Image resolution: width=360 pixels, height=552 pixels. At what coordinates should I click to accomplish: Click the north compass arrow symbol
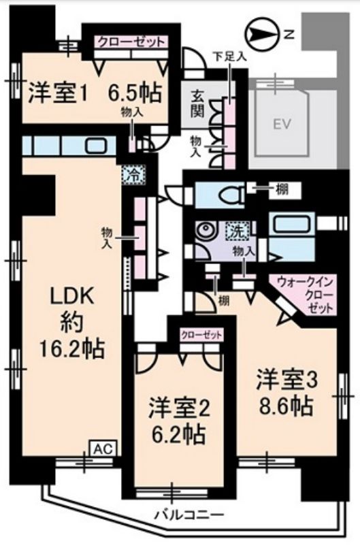pyautogui.click(x=262, y=34)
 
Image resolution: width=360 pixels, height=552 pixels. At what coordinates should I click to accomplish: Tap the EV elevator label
pyautogui.click(x=282, y=124)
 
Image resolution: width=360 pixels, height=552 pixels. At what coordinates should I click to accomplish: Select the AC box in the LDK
pyautogui.click(x=104, y=449)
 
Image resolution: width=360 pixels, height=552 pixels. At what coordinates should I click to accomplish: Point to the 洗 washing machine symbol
pyautogui.click(x=238, y=230)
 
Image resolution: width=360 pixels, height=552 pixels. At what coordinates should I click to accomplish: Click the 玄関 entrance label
pyautogui.click(x=197, y=103)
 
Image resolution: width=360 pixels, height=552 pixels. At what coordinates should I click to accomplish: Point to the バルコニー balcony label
pyautogui.click(x=190, y=515)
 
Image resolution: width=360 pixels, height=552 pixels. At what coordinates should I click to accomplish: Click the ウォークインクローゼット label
pyautogui.click(x=304, y=294)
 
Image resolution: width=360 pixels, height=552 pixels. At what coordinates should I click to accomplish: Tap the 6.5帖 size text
pyautogui.click(x=135, y=93)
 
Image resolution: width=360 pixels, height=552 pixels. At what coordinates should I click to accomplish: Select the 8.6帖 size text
pyautogui.click(x=286, y=406)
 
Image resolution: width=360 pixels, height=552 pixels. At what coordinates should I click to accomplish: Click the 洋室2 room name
pyautogui.click(x=180, y=408)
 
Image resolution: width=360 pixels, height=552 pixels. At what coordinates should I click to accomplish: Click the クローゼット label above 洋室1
pyautogui.click(x=131, y=42)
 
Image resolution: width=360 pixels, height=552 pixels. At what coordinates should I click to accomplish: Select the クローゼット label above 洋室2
pyautogui.click(x=201, y=335)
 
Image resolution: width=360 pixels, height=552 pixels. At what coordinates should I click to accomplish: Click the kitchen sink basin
pyautogui.click(x=97, y=145)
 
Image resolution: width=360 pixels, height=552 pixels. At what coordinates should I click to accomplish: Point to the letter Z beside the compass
pyautogui.click(x=289, y=35)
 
